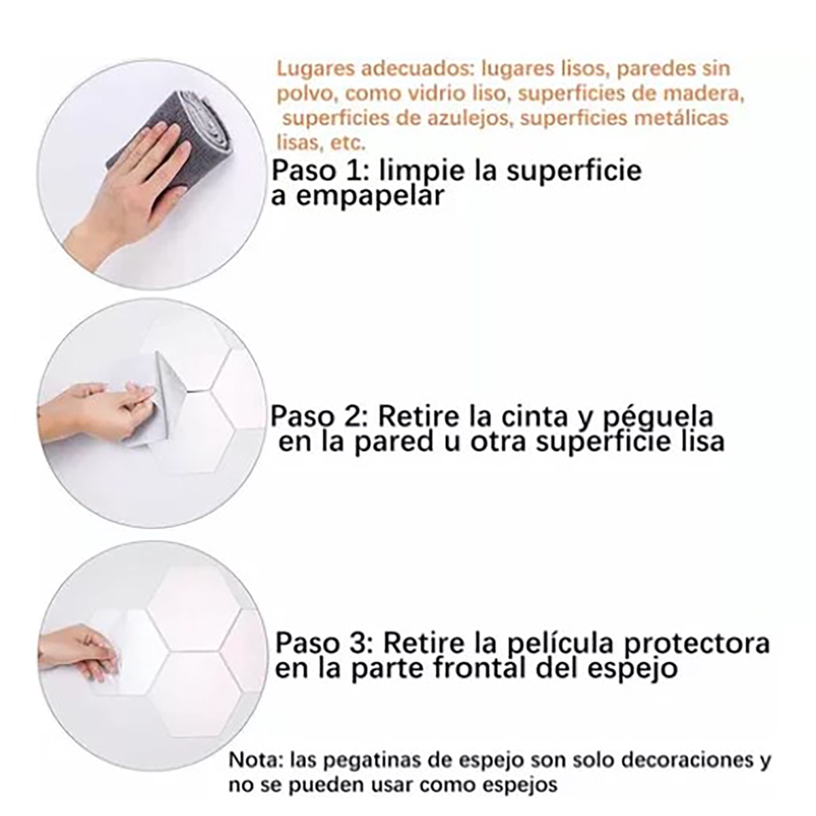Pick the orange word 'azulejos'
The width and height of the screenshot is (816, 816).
click(467, 119)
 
